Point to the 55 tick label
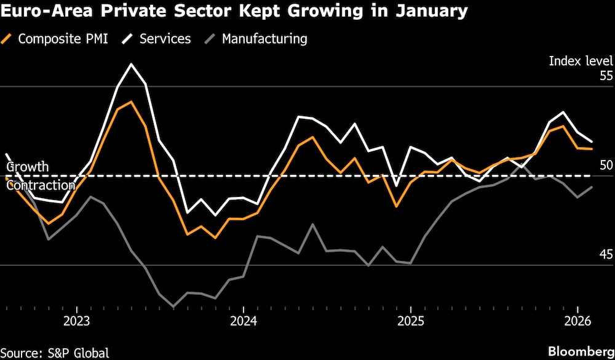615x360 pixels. (x=606, y=76)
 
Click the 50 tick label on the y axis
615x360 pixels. (x=606, y=165)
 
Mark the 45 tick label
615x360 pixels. (x=606, y=254)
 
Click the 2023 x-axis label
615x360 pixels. (x=76, y=321)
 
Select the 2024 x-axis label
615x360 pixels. (x=244, y=321)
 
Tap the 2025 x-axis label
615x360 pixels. (x=411, y=321)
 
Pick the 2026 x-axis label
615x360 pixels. (x=578, y=321)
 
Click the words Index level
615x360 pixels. (x=581, y=61)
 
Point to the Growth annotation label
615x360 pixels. (x=27, y=167)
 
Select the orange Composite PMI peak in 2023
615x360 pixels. (x=131, y=102)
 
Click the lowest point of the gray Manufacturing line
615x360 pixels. (x=173, y=306)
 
